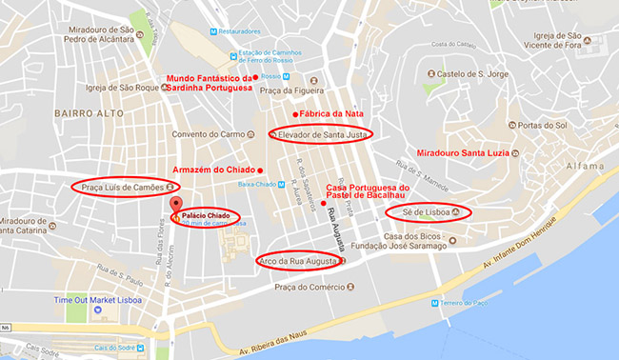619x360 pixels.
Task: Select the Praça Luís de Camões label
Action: coord(123,186)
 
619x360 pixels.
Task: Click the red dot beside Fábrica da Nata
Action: coord(295,114)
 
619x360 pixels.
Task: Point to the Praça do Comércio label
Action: coord(309,287)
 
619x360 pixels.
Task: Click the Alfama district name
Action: coord(583,165)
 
